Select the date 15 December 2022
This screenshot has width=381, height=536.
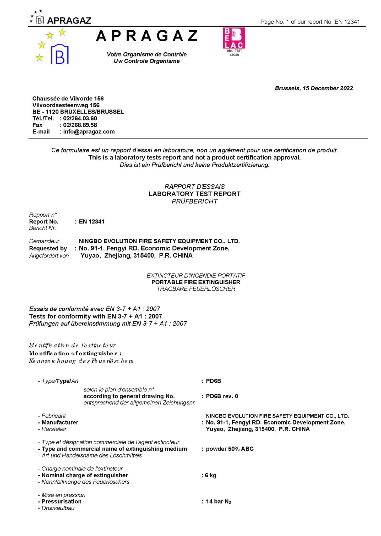point(328,88)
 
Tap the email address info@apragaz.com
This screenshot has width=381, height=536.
point(89,132)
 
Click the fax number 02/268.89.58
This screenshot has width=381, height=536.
point(80,125)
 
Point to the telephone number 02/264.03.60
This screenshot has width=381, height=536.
point(80,118)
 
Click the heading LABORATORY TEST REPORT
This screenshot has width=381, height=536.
point(194,194)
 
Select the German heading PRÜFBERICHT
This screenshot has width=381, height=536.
point(194,201)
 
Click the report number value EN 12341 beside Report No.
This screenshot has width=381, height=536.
point(91,222)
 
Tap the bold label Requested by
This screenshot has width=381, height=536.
point(48,248)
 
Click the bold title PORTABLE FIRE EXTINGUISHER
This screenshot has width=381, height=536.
point(196,282)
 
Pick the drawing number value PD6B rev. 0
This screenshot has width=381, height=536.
point(222,396)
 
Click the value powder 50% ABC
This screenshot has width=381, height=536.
point(230,449)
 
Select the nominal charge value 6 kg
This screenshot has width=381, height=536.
point(210,475)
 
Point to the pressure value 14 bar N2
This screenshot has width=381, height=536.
point(218,501)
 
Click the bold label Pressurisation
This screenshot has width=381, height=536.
point(61,501)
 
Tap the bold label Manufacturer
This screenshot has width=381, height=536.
point(60,422)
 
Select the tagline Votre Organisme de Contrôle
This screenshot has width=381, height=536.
point(146,54)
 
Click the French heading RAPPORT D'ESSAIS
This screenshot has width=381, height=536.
point(194,187)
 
